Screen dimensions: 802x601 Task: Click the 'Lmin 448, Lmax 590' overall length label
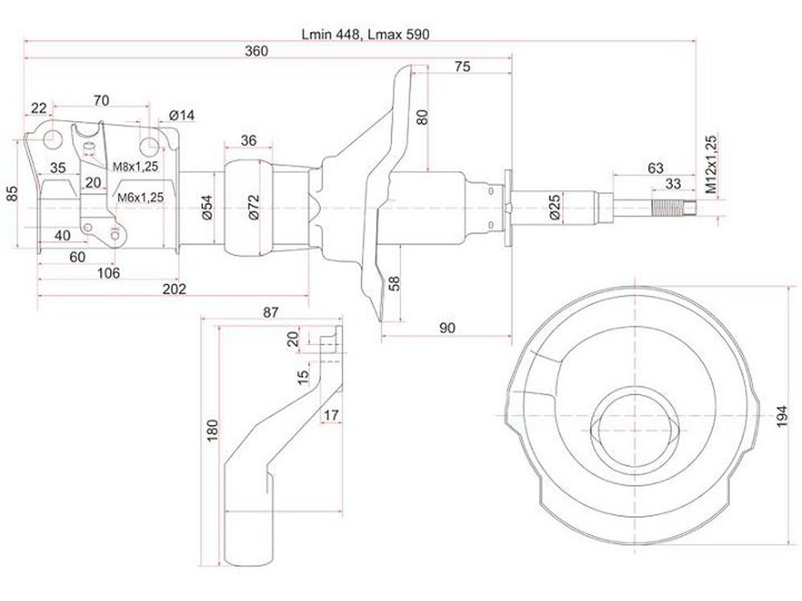click(365, 34)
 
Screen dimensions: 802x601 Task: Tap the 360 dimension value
click(256, 51)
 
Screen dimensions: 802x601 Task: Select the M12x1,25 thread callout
click(711, 163)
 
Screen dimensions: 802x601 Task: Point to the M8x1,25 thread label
click(136, 166)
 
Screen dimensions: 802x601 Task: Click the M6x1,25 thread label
click(140, 198)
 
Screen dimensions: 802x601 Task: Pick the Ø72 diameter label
click(254, 207)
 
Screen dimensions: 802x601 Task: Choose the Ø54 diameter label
click(207, 207)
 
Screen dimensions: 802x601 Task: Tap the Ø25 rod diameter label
click(556, 207)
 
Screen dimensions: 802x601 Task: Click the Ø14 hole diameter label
click(181, 115)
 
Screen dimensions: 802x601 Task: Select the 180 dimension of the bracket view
click(213, 431)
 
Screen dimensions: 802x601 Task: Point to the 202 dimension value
click(174, 288)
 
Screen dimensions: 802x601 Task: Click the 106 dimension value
click(108, 273)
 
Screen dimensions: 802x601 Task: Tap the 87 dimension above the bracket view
click(270, 312)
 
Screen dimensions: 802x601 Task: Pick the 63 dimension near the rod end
click(655, 167)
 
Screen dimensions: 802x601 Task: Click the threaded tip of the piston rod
click(674, 208)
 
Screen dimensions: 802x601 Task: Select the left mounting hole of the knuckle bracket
click(52, 139)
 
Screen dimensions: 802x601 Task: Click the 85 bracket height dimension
click(12, 193)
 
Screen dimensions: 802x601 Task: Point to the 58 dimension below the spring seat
click(395, 283)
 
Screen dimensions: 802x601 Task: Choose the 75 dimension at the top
click(462, 67)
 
